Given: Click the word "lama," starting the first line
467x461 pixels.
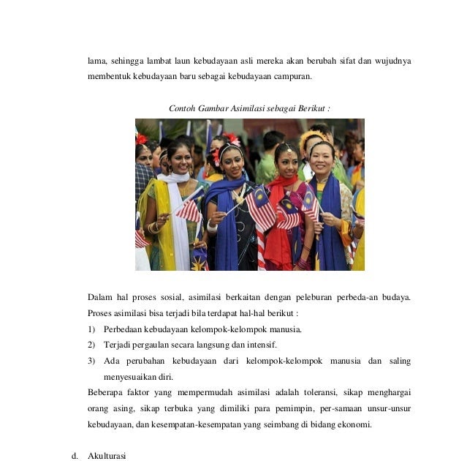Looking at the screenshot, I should (x=97, y=61).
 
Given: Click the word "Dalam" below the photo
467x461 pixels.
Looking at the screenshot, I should (x=99, y=297).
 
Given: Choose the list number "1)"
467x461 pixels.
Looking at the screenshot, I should (x=92, y=329).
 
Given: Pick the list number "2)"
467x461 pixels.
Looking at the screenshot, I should (x=92, y=345).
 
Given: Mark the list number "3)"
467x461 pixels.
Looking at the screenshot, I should (x=92, y=361).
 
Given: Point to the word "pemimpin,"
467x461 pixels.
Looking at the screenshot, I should (x=286, y=408).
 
